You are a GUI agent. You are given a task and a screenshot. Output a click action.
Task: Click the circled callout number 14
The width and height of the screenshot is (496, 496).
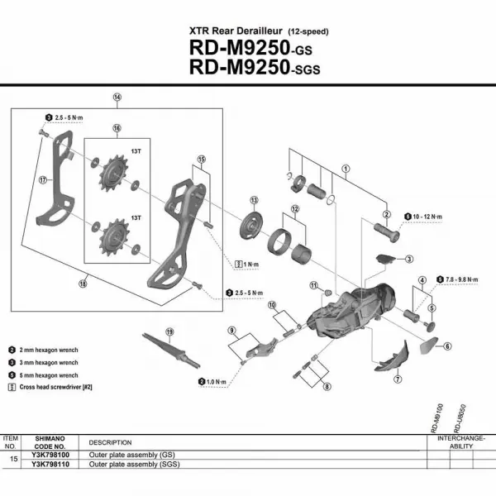117,98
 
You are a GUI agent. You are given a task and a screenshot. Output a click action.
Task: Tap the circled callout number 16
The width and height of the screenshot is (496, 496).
117,128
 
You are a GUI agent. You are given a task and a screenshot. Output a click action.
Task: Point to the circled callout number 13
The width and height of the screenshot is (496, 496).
254,201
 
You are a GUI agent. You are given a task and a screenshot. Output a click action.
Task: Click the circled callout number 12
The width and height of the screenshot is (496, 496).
294,209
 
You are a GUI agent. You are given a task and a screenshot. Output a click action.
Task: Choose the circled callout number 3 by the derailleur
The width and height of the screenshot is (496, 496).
409,259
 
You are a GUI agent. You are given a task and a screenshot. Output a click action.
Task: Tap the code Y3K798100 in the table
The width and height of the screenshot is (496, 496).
51,455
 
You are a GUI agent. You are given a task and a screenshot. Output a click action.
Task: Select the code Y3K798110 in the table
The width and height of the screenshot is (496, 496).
51,465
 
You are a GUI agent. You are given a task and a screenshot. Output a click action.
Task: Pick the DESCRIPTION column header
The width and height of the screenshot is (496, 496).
111,442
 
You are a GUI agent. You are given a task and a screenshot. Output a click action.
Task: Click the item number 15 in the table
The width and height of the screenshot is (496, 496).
12,458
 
